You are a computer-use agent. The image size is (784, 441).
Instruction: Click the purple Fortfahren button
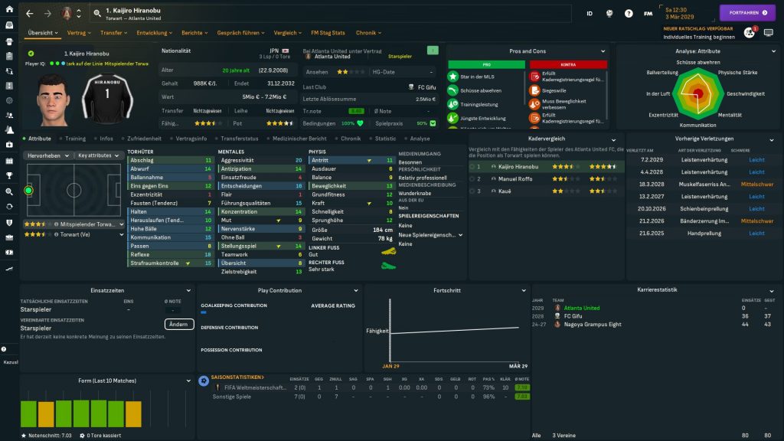tap(746, 13)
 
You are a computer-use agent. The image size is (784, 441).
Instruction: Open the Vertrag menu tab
tap(77, 33)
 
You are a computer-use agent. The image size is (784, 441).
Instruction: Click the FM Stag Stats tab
tap(328, 33)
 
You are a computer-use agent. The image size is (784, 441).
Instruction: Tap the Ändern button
tap(178, 324)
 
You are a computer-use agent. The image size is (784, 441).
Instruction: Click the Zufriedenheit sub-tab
tap(144, 139)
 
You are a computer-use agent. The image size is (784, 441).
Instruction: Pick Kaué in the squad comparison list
tap(505, 190)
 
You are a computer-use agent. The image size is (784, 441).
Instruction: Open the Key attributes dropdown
tap(100, 155)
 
